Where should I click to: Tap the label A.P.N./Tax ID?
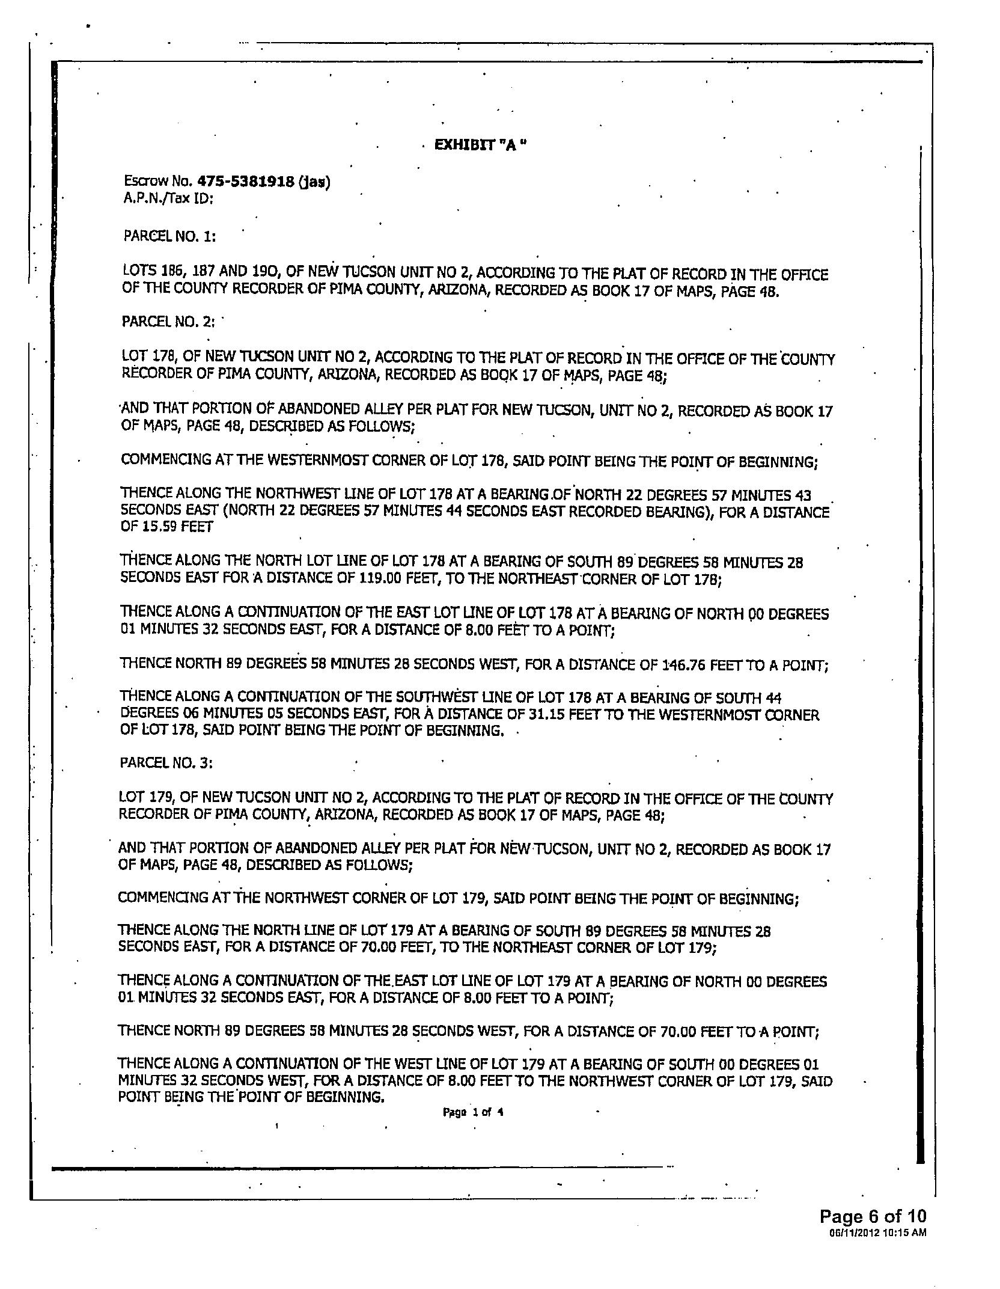coord(168,198)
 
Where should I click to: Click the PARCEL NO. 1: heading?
coord(169,236)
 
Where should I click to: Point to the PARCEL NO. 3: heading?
coord(166,762)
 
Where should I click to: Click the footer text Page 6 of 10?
coord(873,1216)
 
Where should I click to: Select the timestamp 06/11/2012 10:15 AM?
coord(877,1232)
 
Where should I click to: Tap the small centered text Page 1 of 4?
coord(473,1112)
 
